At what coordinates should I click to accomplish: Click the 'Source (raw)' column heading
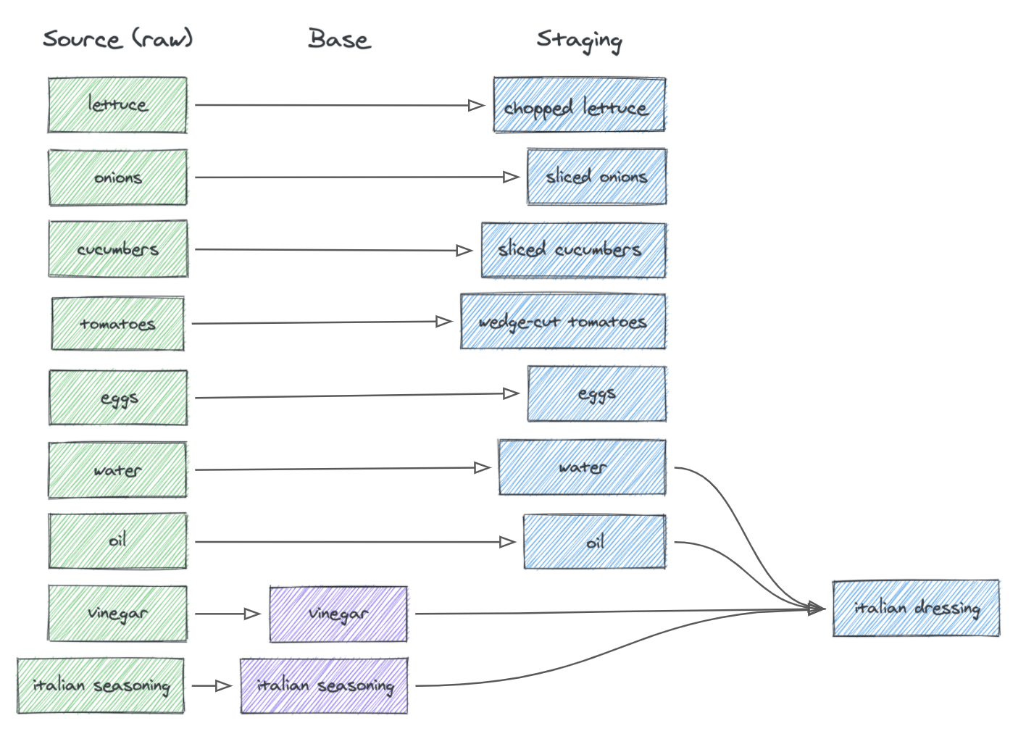point(117,38)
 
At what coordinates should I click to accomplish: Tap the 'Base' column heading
point(339,38)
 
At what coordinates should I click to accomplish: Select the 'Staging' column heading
point(579,40)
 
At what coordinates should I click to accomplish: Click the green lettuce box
point(117,105)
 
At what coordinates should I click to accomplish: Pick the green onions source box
point(117,178)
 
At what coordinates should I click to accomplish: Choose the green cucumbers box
point(118,249)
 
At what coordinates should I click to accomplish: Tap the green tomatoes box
point(117,323)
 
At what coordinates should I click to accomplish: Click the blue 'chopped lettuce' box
point(579,105)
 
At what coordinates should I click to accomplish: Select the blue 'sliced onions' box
point(596,177)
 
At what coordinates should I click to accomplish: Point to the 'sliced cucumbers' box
point(573,250)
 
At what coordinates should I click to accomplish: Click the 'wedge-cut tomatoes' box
point(563,322)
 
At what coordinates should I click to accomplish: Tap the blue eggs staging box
point(596,394)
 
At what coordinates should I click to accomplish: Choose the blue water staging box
point(582,467)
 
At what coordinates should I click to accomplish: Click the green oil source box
point(117,541)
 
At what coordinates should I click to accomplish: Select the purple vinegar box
point(338,614)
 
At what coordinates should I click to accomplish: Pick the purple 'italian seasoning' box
point(324,685)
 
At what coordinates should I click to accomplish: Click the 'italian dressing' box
point(916,608)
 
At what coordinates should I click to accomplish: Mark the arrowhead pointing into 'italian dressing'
point(817,609)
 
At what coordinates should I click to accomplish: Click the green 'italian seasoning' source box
point(101,685)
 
